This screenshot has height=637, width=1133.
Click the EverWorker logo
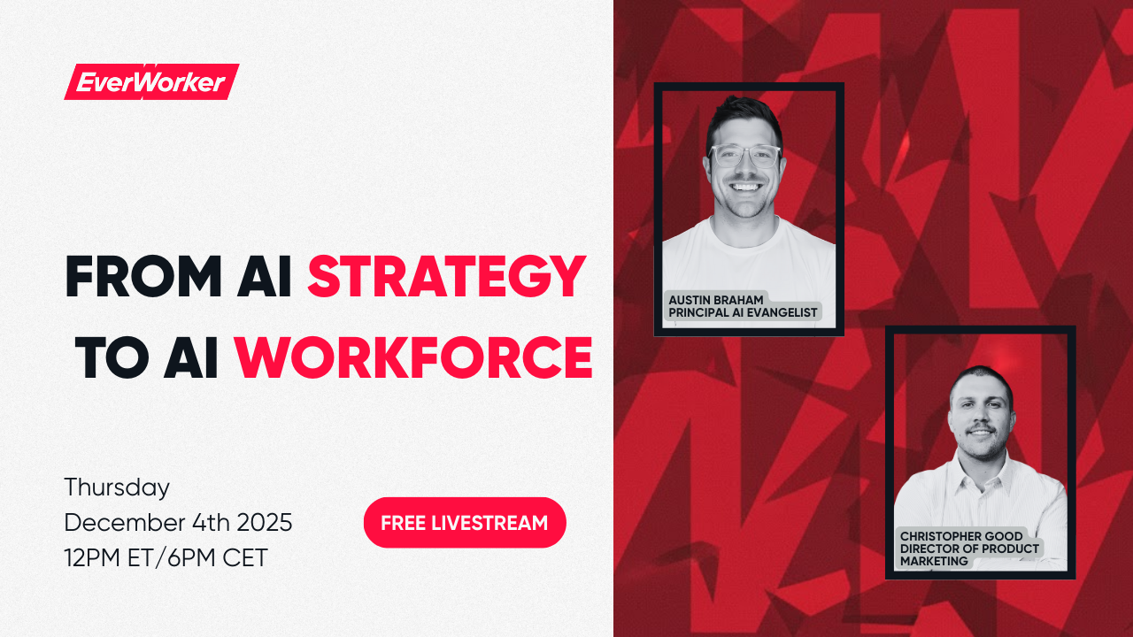click(151, 82)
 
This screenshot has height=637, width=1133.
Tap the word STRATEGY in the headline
click(446, 277)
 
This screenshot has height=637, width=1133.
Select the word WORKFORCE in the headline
click(412, 357)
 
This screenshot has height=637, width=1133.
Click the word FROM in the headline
click(143, 277)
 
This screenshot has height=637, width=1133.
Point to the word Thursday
click(117, 487)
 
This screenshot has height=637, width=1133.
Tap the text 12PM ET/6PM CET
click(166, 558)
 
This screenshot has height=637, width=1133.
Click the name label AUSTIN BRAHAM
click(715, 300)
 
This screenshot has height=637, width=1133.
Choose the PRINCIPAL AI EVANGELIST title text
click(743, 312)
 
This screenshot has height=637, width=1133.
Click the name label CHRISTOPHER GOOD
click(961, 536)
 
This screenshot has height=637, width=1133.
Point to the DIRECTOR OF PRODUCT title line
click(969, 549)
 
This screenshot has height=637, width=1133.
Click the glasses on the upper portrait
click(744, 156)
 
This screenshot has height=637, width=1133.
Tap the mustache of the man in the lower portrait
click(980, 428)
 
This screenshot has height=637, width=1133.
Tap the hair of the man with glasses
click(744, 113)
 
